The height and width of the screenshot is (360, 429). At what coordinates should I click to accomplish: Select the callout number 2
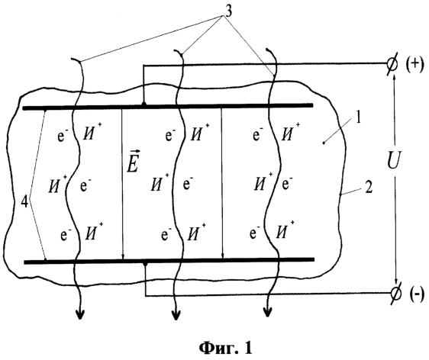click(x=369, y=188)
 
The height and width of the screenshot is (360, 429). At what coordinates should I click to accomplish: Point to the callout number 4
click(x=24, y=202)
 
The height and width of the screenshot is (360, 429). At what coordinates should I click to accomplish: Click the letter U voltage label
click(x=394, y=160)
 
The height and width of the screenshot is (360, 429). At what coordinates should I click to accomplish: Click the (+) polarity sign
click(x=415, y=65)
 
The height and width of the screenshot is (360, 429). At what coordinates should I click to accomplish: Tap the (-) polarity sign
click(x=417, y=295)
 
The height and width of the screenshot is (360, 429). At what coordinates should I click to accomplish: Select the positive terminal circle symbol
click(x=392, y=66)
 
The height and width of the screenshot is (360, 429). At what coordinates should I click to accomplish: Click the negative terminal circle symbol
click(x=396, y=294)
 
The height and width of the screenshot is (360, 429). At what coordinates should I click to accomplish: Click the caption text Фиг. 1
click(x=225, y=348)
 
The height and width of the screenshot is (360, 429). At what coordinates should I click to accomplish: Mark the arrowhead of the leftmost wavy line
click(x=80, y=314)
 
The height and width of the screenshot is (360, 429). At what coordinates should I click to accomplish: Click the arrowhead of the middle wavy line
click(x=176, y=315)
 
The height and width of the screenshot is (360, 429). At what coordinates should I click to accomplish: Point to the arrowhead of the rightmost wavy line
click(x=267, y=311)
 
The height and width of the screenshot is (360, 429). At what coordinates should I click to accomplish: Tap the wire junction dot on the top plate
click(x=144, y=104)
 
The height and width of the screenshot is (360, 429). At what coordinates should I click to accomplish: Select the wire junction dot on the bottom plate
click(x=145, y=263)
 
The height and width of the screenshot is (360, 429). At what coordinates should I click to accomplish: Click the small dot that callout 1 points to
click(x=324, y=143)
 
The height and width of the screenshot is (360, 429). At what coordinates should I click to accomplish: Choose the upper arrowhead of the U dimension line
click(x=394, y=79)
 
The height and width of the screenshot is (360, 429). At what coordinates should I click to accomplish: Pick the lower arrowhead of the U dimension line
click(x=395, y=282)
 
